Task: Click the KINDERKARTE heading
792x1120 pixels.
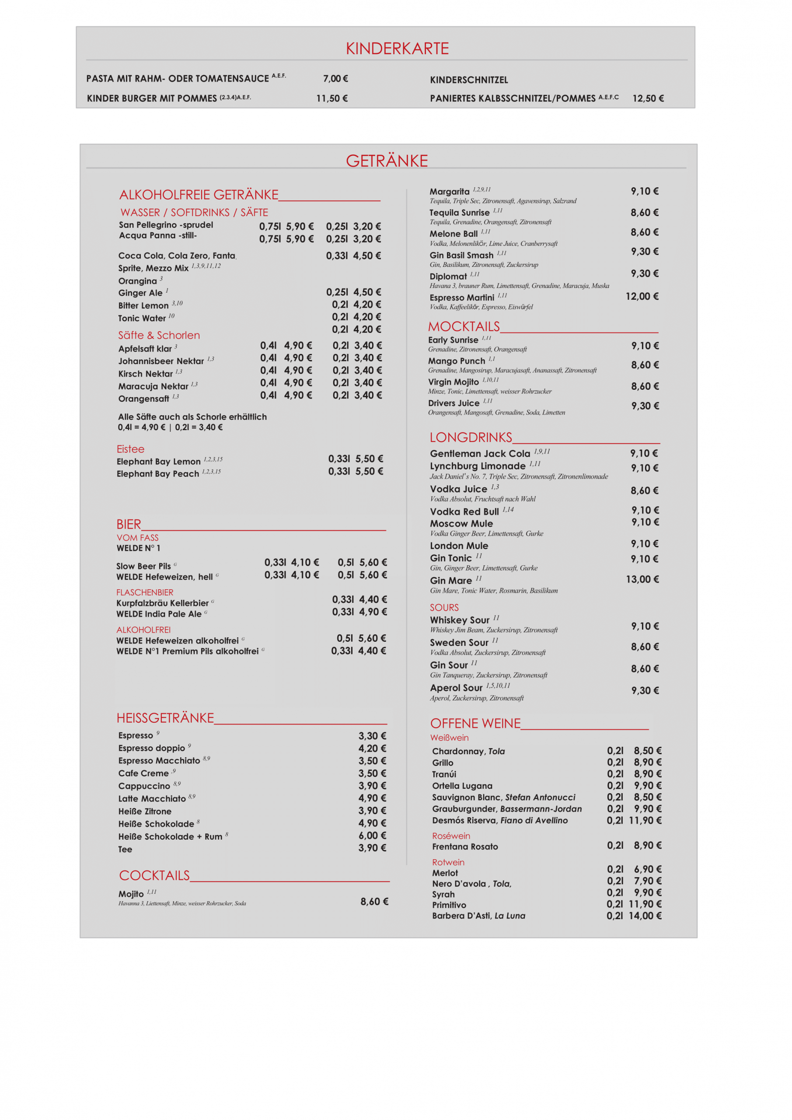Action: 397,48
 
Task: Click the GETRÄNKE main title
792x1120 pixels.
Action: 387,161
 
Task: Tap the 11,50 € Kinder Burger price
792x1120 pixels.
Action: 331,98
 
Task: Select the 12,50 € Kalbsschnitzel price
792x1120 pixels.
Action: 648,98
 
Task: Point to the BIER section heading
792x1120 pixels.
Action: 129,525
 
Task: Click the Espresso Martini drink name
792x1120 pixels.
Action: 461,297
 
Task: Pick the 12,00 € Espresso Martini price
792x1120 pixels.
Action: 642,297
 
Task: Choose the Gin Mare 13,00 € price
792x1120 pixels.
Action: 642,580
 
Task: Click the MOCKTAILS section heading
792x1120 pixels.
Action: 464,326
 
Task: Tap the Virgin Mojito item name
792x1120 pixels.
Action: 453,382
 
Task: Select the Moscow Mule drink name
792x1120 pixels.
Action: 461,523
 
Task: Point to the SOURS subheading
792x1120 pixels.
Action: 444,607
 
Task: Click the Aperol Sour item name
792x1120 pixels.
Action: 456,688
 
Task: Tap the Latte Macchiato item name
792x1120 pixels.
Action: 152,798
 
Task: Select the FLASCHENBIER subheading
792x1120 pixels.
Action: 145,592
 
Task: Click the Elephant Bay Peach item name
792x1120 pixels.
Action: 157,474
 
